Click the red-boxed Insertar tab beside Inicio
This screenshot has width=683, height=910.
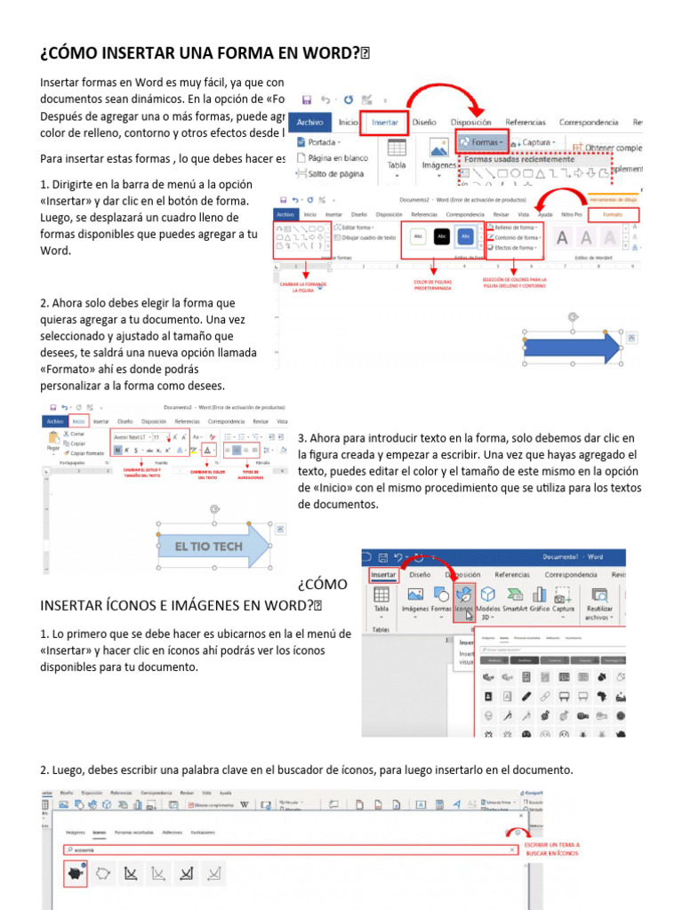pos(384,122)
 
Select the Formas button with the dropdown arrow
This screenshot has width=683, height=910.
pos(483,142)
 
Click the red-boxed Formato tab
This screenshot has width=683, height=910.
pos(613,214)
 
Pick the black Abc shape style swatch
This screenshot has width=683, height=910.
pos(441,236)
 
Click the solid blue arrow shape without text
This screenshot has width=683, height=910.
pos(575,347)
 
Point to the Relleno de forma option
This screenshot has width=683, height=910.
pos(515,227)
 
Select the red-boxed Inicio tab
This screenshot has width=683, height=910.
pos(79,421)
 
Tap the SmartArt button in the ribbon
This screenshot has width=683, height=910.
pos(515,601)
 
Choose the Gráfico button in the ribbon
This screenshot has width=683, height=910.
pos(540,601)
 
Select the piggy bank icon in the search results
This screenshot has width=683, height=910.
pos(74,874)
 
